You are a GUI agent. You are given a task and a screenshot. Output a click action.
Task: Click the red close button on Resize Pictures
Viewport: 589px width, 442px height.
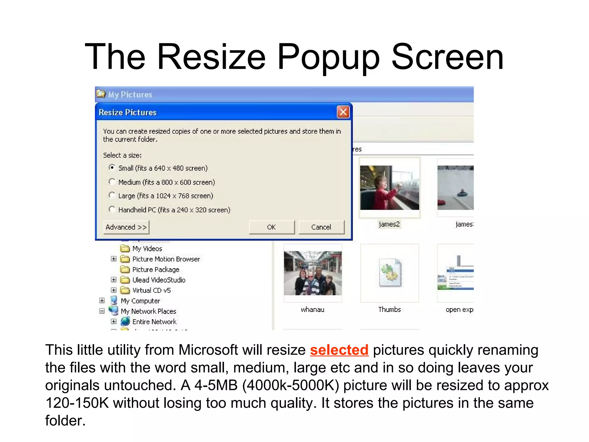click(x=343, y=112)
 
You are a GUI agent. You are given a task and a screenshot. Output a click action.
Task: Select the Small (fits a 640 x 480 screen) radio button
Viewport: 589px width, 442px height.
click(x=112, y=167)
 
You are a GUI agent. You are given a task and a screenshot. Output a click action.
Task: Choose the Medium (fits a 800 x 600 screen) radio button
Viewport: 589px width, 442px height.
click(x=112, y=182)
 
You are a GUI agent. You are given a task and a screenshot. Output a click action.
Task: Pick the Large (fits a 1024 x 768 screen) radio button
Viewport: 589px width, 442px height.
click(x=112, y=195)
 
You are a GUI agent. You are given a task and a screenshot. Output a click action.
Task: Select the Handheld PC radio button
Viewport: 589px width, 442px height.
click(x=112, y=209)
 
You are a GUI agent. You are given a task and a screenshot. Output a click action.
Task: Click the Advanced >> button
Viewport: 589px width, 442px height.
click(x=126, y=227)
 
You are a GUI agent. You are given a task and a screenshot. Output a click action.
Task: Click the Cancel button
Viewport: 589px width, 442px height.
click(x=321, y=227)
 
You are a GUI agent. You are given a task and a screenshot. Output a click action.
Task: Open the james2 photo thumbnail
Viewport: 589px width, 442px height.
click(x=389, y=188)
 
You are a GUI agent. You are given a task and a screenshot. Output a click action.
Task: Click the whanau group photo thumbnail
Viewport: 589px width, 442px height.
click(x=313, y=273)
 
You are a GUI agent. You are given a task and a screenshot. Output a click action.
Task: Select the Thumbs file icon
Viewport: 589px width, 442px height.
click(x=390, y=273)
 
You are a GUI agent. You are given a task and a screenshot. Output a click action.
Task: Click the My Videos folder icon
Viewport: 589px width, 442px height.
click(x=125, y=248)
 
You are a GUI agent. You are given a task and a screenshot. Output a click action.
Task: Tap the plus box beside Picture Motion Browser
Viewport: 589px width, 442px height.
click(x=114, y=259)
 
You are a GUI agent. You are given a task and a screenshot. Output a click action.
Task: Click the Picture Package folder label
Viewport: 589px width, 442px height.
click(x=156, y=270)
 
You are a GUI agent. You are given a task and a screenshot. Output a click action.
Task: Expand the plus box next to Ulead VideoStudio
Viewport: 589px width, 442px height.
click(x=114, y=280)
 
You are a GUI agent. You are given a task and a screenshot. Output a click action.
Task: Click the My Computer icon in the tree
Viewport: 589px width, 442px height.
click(x=114, y=300)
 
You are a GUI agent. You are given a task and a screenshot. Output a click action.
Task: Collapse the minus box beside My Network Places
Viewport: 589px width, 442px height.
click(x=102, y=311)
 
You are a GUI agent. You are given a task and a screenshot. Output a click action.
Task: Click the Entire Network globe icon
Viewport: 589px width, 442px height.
click(x=125, y=321)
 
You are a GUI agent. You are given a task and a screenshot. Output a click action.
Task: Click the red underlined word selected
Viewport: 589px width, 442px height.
click(x=339, y=350)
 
